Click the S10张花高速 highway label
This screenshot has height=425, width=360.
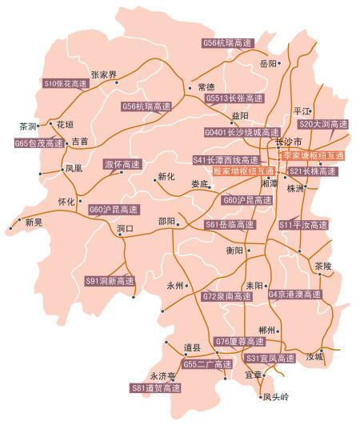coord(64,82)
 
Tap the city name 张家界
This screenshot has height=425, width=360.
coord(103,74)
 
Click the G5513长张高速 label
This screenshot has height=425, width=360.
coord(233,98)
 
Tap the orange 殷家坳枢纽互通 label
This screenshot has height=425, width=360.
coord(242,171)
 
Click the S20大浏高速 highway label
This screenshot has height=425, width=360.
coord(323,125)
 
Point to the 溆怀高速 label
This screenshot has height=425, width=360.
coord(122,164)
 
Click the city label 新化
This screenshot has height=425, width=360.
coord(166,177)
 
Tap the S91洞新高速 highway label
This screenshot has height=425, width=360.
coord(110,281)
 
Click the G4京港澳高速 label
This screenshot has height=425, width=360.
coord(295,295)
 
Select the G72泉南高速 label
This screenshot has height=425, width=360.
coord(226,296)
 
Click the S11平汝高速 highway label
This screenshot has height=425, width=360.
coord(303,226)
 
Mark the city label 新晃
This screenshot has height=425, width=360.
coord(34,222)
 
